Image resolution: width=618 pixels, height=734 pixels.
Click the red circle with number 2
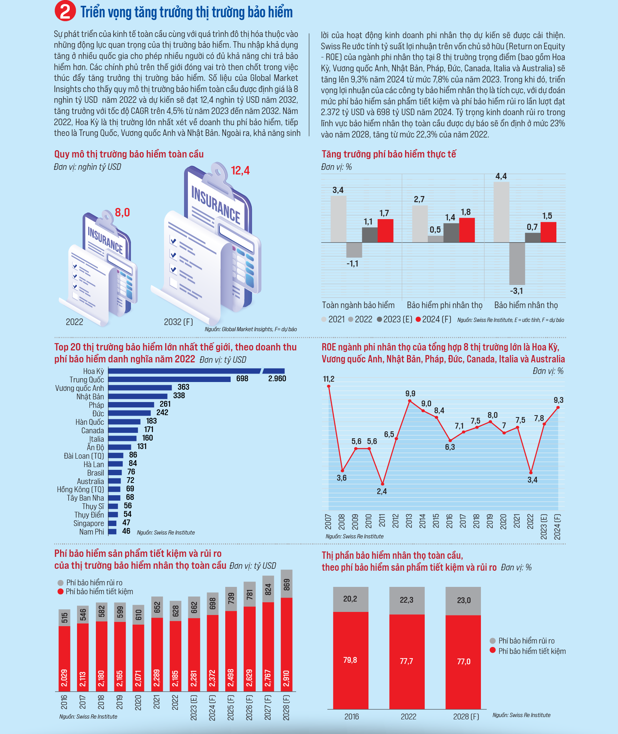65,11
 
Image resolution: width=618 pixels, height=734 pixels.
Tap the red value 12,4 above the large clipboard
240,171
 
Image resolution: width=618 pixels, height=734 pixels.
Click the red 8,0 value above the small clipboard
122,213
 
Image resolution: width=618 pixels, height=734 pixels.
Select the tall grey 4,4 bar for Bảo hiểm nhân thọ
501,212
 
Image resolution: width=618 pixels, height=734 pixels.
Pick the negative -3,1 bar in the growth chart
517,263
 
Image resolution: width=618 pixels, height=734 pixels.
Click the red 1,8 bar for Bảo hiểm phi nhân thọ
467,230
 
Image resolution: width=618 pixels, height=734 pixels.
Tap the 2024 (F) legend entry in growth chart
434,319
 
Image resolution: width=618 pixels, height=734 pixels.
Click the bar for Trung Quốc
169,379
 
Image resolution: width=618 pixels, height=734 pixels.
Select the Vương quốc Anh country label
79,388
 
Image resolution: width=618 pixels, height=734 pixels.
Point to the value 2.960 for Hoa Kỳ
277,379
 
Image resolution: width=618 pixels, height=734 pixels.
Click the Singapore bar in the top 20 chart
112,523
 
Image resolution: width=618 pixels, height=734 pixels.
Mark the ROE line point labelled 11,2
328,386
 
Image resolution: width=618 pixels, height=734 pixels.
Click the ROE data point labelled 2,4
382,484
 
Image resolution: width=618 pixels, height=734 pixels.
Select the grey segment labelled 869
286,584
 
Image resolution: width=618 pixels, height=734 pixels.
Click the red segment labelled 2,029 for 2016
64,659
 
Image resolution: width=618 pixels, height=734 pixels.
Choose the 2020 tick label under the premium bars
138,703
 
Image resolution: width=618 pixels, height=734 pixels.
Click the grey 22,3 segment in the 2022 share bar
407,601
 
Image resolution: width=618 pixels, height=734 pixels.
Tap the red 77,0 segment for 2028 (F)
463,662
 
